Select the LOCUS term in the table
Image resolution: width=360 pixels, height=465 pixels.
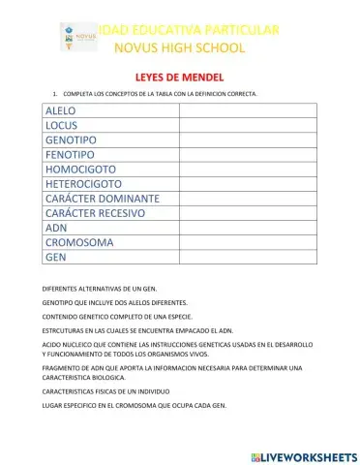tap(61, 126)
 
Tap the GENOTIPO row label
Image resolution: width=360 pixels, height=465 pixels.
tap(70, 140)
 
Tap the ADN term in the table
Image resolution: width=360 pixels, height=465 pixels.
tap(56, 228)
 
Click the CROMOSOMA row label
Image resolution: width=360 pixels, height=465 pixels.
tap(79, 242)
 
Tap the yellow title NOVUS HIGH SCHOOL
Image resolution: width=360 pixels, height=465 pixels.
tap(180, 47)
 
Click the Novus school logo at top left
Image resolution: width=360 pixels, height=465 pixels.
tap(74, 37)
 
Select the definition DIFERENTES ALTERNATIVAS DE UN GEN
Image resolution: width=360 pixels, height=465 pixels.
tap(106, 289)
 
